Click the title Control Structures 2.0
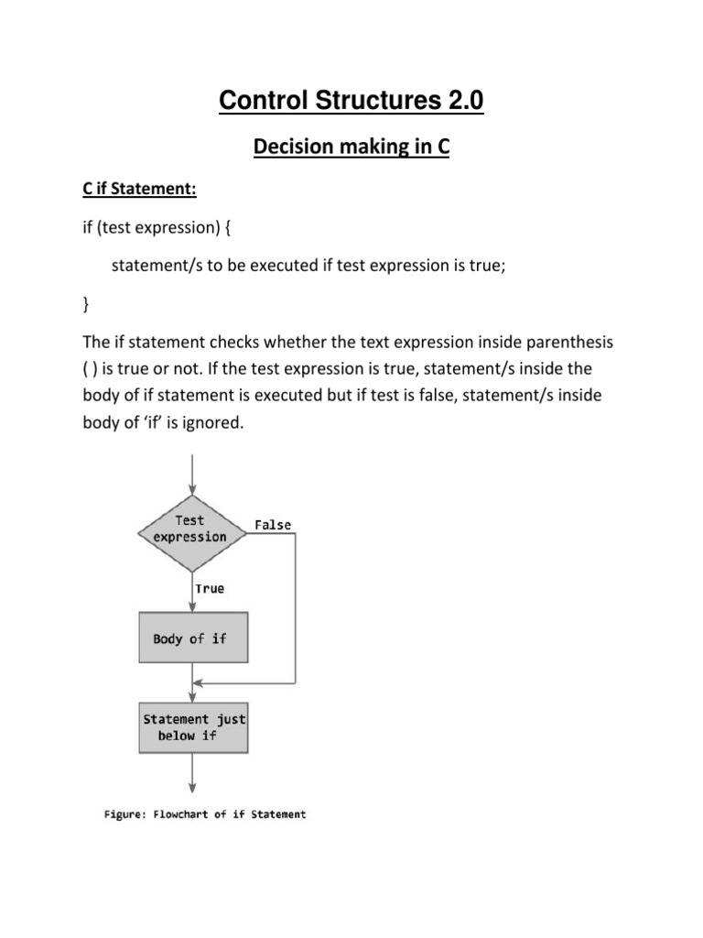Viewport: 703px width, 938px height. (351, 101)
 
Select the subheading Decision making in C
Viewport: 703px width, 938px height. (351, 147)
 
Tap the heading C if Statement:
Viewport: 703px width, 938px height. (140, 190)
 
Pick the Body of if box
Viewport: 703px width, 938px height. (192, 638)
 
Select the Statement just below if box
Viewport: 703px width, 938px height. (192, 727)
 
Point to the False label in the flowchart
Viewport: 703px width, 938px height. (273, 525)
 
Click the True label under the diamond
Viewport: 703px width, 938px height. (210, 588)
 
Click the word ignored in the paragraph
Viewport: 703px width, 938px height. (216, 422)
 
